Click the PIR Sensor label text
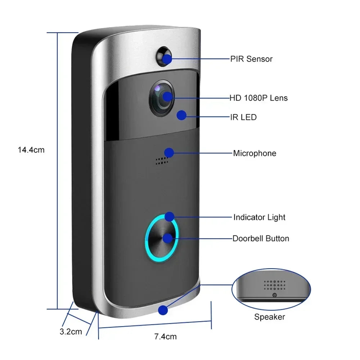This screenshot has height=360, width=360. click(x=251, y=59)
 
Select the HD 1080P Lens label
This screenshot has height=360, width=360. click(x=259, y=98)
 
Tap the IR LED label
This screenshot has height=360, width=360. click(x=243, y=117)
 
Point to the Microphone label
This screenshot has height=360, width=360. click(x=255, y=153)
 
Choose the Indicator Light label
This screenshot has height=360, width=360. click(x=259, y=217)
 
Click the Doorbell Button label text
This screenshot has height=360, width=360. click(x=261, y=238)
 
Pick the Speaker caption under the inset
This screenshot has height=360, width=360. click(x=269, y=317)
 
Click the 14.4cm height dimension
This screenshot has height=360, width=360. click(x=31, y=150)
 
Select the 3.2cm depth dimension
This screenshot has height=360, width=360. click(x=71, y=332)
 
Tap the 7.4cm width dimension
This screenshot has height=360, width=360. click(x=165, y=337)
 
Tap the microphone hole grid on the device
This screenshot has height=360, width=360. click(x=162, y=161)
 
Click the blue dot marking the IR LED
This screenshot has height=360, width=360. click(x=182, y=115)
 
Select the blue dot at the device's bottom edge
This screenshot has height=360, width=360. click(x=163, y=310)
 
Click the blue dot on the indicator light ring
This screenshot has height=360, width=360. click(x=169, y=217)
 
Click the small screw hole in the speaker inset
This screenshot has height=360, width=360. click(x=274, y=295)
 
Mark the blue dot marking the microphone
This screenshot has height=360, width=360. click(x=169, y=153)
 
